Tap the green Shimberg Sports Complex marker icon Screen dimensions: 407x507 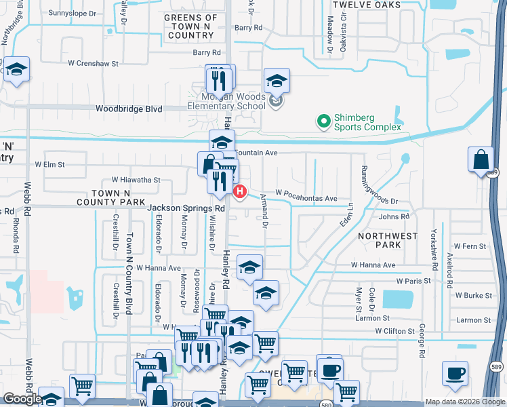coord(324,122)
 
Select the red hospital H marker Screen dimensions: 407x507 coord(239,192)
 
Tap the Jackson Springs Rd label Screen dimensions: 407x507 coord(186,208)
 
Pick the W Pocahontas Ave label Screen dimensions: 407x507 coord(306,198)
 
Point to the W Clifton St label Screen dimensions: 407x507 coord(394,331)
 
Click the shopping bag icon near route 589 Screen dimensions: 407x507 coord(481,161)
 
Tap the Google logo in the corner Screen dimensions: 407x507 coord(22,399)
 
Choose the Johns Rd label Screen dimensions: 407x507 coord(394,216)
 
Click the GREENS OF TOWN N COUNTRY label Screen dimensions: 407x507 coord(192,26)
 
